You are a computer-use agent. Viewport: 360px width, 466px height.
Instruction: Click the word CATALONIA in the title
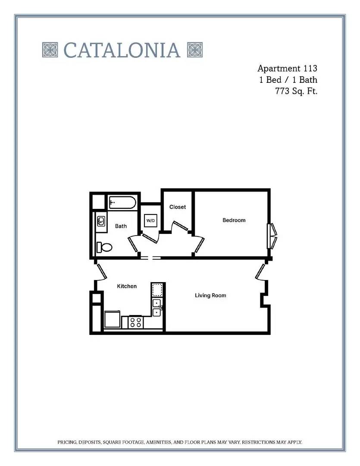tap(122, 50)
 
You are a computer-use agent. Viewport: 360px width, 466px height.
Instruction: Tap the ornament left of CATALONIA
tap(50, 50)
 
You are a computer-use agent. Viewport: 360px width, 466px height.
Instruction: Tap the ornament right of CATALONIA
tap(195, 50)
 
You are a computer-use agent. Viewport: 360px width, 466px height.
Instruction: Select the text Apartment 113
tap(287, 68)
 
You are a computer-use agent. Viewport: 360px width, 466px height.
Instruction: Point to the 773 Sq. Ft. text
tap(297, 91)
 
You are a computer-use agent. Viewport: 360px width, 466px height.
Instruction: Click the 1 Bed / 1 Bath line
tap(288, 80)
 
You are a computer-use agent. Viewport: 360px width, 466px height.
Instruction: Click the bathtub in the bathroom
tap(122, 203)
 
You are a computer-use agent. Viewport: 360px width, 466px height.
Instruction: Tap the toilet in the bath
tap(104, 247)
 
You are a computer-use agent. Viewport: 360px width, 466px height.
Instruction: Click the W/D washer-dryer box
tap(150, 220)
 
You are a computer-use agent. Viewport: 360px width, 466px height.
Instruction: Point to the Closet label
tap(178, 207)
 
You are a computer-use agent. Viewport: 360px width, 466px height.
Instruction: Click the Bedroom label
tap(234, 220)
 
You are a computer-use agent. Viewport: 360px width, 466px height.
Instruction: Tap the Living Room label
tap(210, 296)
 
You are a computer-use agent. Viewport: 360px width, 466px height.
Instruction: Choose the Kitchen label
tap(127, 286)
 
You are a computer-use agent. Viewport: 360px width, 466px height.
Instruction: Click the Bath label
tap(121, 226)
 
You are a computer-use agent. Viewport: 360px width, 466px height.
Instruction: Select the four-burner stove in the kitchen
tap(136, 322)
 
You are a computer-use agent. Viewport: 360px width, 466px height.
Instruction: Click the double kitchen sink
tap(157, 308)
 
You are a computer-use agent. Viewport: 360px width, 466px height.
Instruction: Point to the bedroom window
tap(272, 236)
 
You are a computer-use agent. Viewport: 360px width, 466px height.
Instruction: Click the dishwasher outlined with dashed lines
tap(157, 290)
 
